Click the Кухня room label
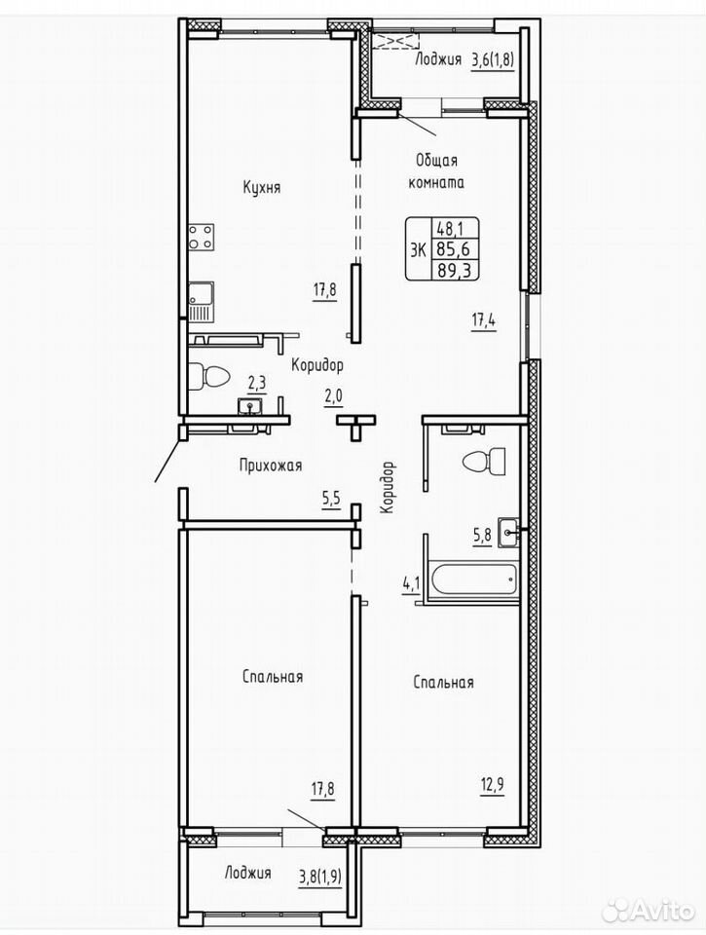click(262, 187)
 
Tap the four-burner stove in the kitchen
click(202, 237)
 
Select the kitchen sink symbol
click(201, 301)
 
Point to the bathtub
click(474, 579)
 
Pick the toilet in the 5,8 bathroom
click(484, 461)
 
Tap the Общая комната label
click(436, 171)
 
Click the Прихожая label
click(271, 466)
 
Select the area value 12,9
click(492, 784)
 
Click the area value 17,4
click(484, 320)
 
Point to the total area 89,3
click(455, 271)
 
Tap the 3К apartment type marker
click(418, 250)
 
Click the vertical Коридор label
click(388, 487)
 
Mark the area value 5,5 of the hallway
click(331, 499)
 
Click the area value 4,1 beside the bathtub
click(412, 582)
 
